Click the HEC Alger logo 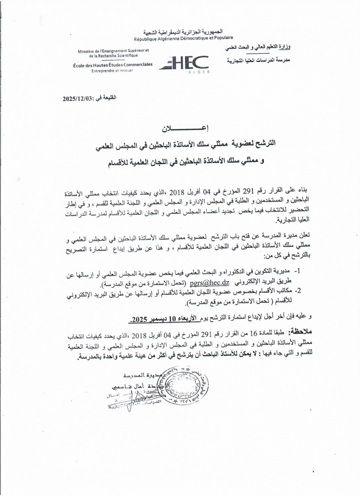tap(184, 62)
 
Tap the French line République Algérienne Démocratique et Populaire tap(183, 37)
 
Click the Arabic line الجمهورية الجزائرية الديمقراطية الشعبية tap(184, 31)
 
